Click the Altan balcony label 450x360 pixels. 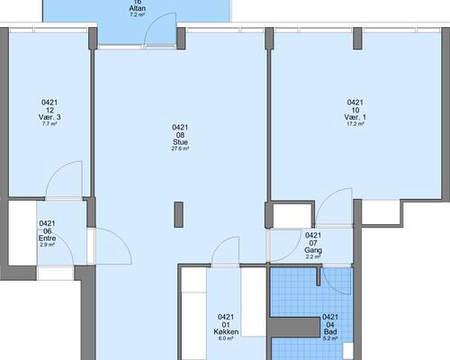(138, 8)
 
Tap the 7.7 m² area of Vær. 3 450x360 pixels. (49, 123)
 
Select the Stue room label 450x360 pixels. (180, 142)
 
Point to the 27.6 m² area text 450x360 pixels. (180, 148)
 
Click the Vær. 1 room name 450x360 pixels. (355, 117)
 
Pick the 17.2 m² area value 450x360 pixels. (355, 123)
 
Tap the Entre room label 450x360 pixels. (48, 238)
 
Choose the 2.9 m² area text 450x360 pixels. (47, 245)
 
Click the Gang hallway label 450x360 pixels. (313, 250)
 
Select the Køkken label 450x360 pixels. (226, 332)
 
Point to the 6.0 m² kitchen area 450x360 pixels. (226, 338)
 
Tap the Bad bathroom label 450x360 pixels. (330, 332)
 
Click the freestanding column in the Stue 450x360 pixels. (179, 214)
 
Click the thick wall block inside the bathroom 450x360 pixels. (294, 327)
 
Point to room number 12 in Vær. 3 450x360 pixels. (49, 110)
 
